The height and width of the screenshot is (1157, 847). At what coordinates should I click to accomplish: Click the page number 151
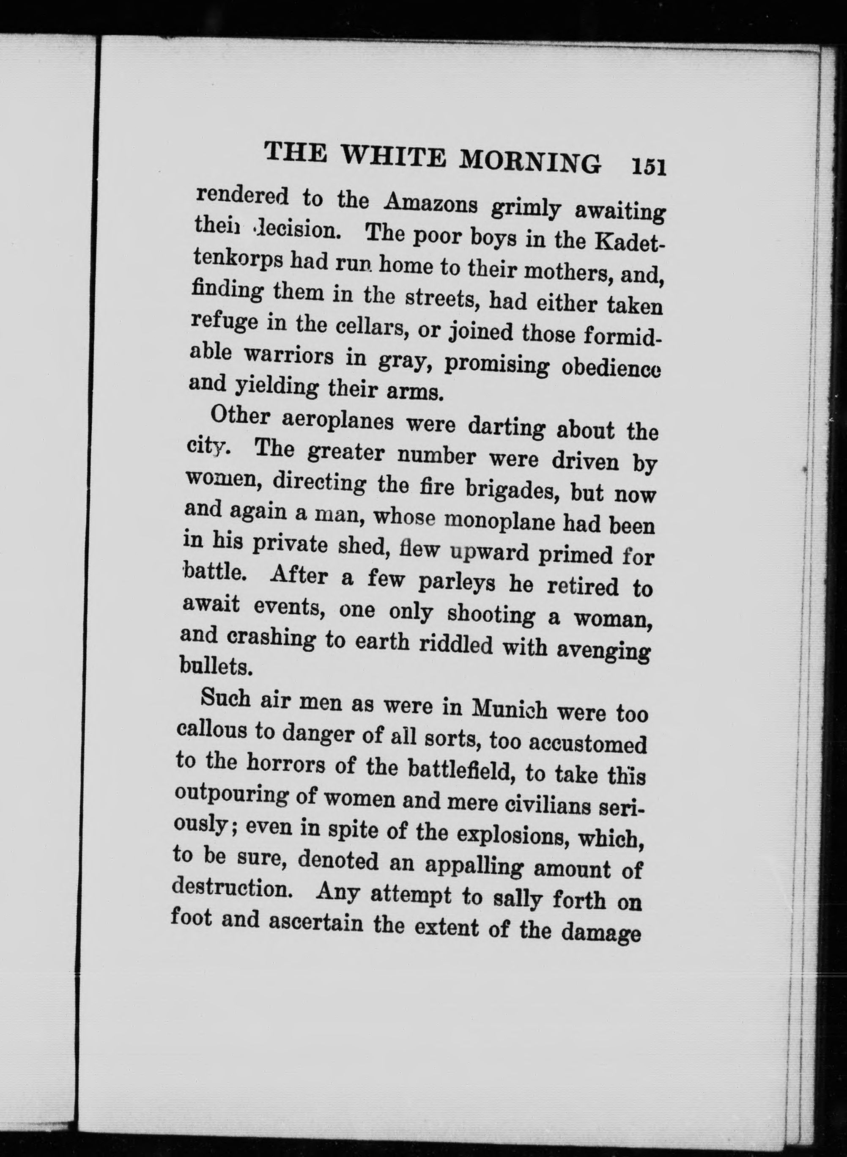[x=649, y=167]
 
